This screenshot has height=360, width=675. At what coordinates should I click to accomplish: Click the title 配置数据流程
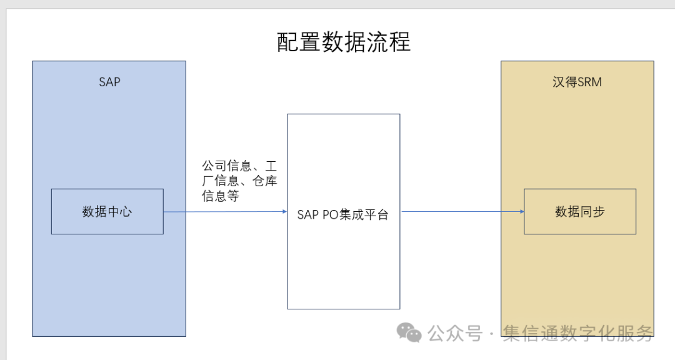coord(343,42)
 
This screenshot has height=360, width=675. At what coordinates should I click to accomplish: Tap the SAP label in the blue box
coord(109,82)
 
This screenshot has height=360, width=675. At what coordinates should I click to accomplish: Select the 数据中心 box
coord(107,211)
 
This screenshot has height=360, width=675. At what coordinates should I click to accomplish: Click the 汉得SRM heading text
coord(577,82)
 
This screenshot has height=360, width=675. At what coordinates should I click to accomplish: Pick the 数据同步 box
coord(579,211)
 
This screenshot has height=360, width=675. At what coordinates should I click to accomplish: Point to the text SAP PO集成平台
coord(342,214)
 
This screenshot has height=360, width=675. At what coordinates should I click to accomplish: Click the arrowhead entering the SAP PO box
coord(284,211)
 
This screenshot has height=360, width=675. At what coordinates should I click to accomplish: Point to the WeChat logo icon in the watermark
coord(410,332)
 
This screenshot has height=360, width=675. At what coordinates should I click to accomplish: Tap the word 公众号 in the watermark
coord(455,333)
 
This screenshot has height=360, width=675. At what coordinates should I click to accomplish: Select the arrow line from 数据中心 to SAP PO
coord(225,211)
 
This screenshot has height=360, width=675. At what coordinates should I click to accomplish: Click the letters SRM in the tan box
coord(589,82)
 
